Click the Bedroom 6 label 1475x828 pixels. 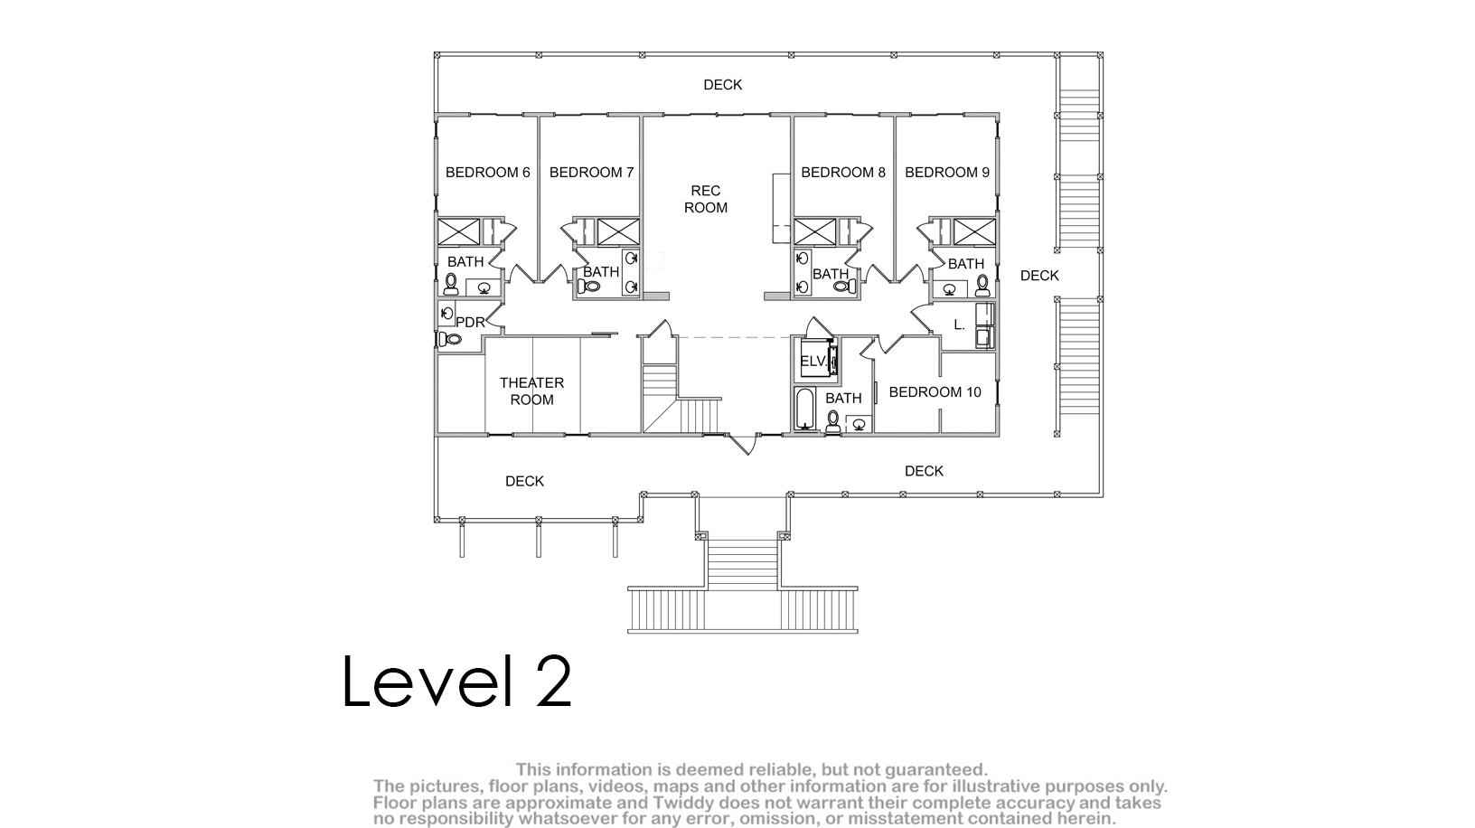click(487, 173)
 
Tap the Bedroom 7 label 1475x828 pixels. click(591, 173)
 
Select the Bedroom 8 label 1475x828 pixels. click(843, 173)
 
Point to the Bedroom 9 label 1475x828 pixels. click(947, 173)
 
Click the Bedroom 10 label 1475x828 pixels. click(935, 392)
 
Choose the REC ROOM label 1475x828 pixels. click(705, 199)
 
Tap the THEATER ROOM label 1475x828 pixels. click(532, 391)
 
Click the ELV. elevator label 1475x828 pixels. click(813, 361)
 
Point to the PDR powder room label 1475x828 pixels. click(470, 322)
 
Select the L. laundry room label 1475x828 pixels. click(960, 325)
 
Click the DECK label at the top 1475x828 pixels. click(722, 85)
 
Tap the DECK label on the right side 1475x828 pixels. click(1039, 276)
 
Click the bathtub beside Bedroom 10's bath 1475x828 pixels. click(804, 409)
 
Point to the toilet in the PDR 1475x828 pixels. click(450, 340)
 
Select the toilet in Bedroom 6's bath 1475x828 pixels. click(451, 284)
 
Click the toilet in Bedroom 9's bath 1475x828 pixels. click(982, 286)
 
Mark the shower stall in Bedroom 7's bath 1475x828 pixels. click(618, 232)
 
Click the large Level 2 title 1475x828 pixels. click(457, 682)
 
